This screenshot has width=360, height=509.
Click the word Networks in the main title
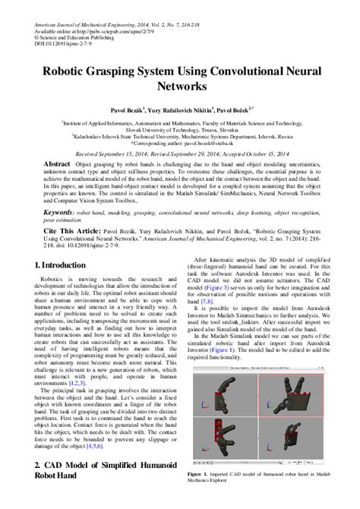point(180,87)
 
